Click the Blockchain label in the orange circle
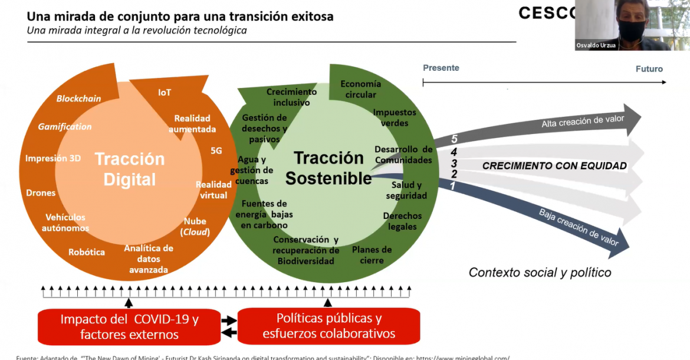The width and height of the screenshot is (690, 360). (78, 99)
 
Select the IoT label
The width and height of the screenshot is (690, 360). (165, 93)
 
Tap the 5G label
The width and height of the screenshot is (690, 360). (216, 150)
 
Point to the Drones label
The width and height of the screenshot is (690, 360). (41, 193)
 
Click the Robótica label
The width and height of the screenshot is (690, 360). (87, 252)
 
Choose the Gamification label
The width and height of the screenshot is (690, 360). (65, 126)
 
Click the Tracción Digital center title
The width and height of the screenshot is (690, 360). (130, 169)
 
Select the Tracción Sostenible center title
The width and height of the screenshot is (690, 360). (328, 168)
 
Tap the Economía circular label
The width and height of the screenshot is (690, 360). (360, 89)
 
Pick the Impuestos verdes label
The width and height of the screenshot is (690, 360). (395, 117)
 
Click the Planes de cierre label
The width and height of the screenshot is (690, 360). (372, 255)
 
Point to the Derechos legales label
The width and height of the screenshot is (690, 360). (402, 221)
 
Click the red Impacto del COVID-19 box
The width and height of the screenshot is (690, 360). (129, 326)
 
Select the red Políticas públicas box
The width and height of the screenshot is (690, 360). (328, 326)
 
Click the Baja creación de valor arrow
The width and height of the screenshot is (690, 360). (578, 228)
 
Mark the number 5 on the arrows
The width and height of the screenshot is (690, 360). (454, 139)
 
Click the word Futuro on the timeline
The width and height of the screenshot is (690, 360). (649, 69)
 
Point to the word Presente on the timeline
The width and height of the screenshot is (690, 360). (441, 68)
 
